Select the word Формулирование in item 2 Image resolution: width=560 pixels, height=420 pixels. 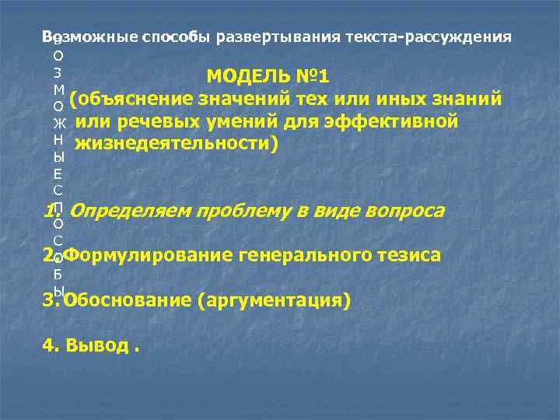pyautogui.click(x=142, y=256)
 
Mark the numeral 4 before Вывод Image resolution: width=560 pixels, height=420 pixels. pyautogui.click(x=48, y=345)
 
